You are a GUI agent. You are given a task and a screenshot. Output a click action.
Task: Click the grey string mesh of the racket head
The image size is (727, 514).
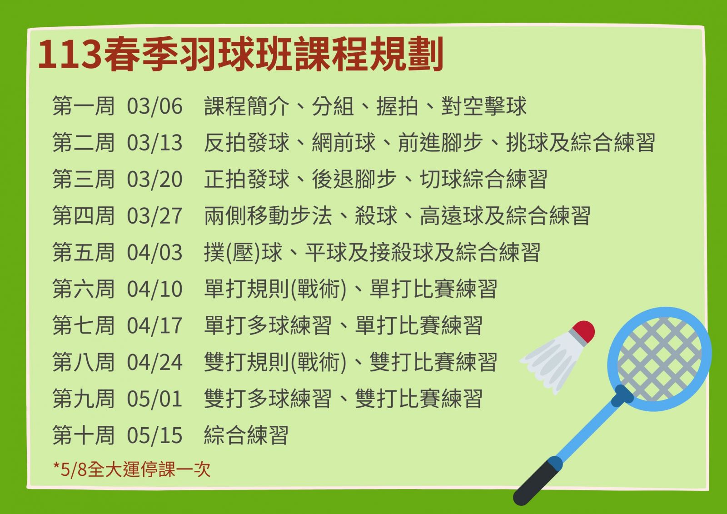click(659, 359)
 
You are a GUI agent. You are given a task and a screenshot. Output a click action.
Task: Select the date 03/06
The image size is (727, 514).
click(154, 106)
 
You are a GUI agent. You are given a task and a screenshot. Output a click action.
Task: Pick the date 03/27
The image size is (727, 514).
click(154, 216)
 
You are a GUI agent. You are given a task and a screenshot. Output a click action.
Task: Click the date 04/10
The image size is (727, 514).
click(154, 289)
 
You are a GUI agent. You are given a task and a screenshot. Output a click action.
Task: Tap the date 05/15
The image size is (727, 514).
click(154, 435)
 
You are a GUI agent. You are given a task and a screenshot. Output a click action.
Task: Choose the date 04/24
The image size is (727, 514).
click(154, 362)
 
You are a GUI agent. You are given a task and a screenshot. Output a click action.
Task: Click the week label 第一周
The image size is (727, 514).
click(84, 106)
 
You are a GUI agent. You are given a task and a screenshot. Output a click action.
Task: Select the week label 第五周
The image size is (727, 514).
click(84, 252)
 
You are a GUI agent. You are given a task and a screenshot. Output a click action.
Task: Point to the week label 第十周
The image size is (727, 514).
click(84, 435)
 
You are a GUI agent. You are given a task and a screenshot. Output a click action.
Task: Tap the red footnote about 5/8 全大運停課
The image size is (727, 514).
click(132, 469)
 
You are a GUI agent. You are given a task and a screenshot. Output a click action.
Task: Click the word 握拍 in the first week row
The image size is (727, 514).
click(397, 106)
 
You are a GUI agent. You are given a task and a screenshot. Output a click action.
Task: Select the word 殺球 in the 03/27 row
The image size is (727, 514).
click(376, 216)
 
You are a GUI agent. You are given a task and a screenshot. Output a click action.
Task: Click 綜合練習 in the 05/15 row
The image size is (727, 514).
click(246, 435)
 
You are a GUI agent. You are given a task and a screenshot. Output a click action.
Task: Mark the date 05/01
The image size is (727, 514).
click(154, 399)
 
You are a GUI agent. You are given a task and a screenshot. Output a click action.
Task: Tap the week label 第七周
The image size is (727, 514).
click(84, 326)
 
